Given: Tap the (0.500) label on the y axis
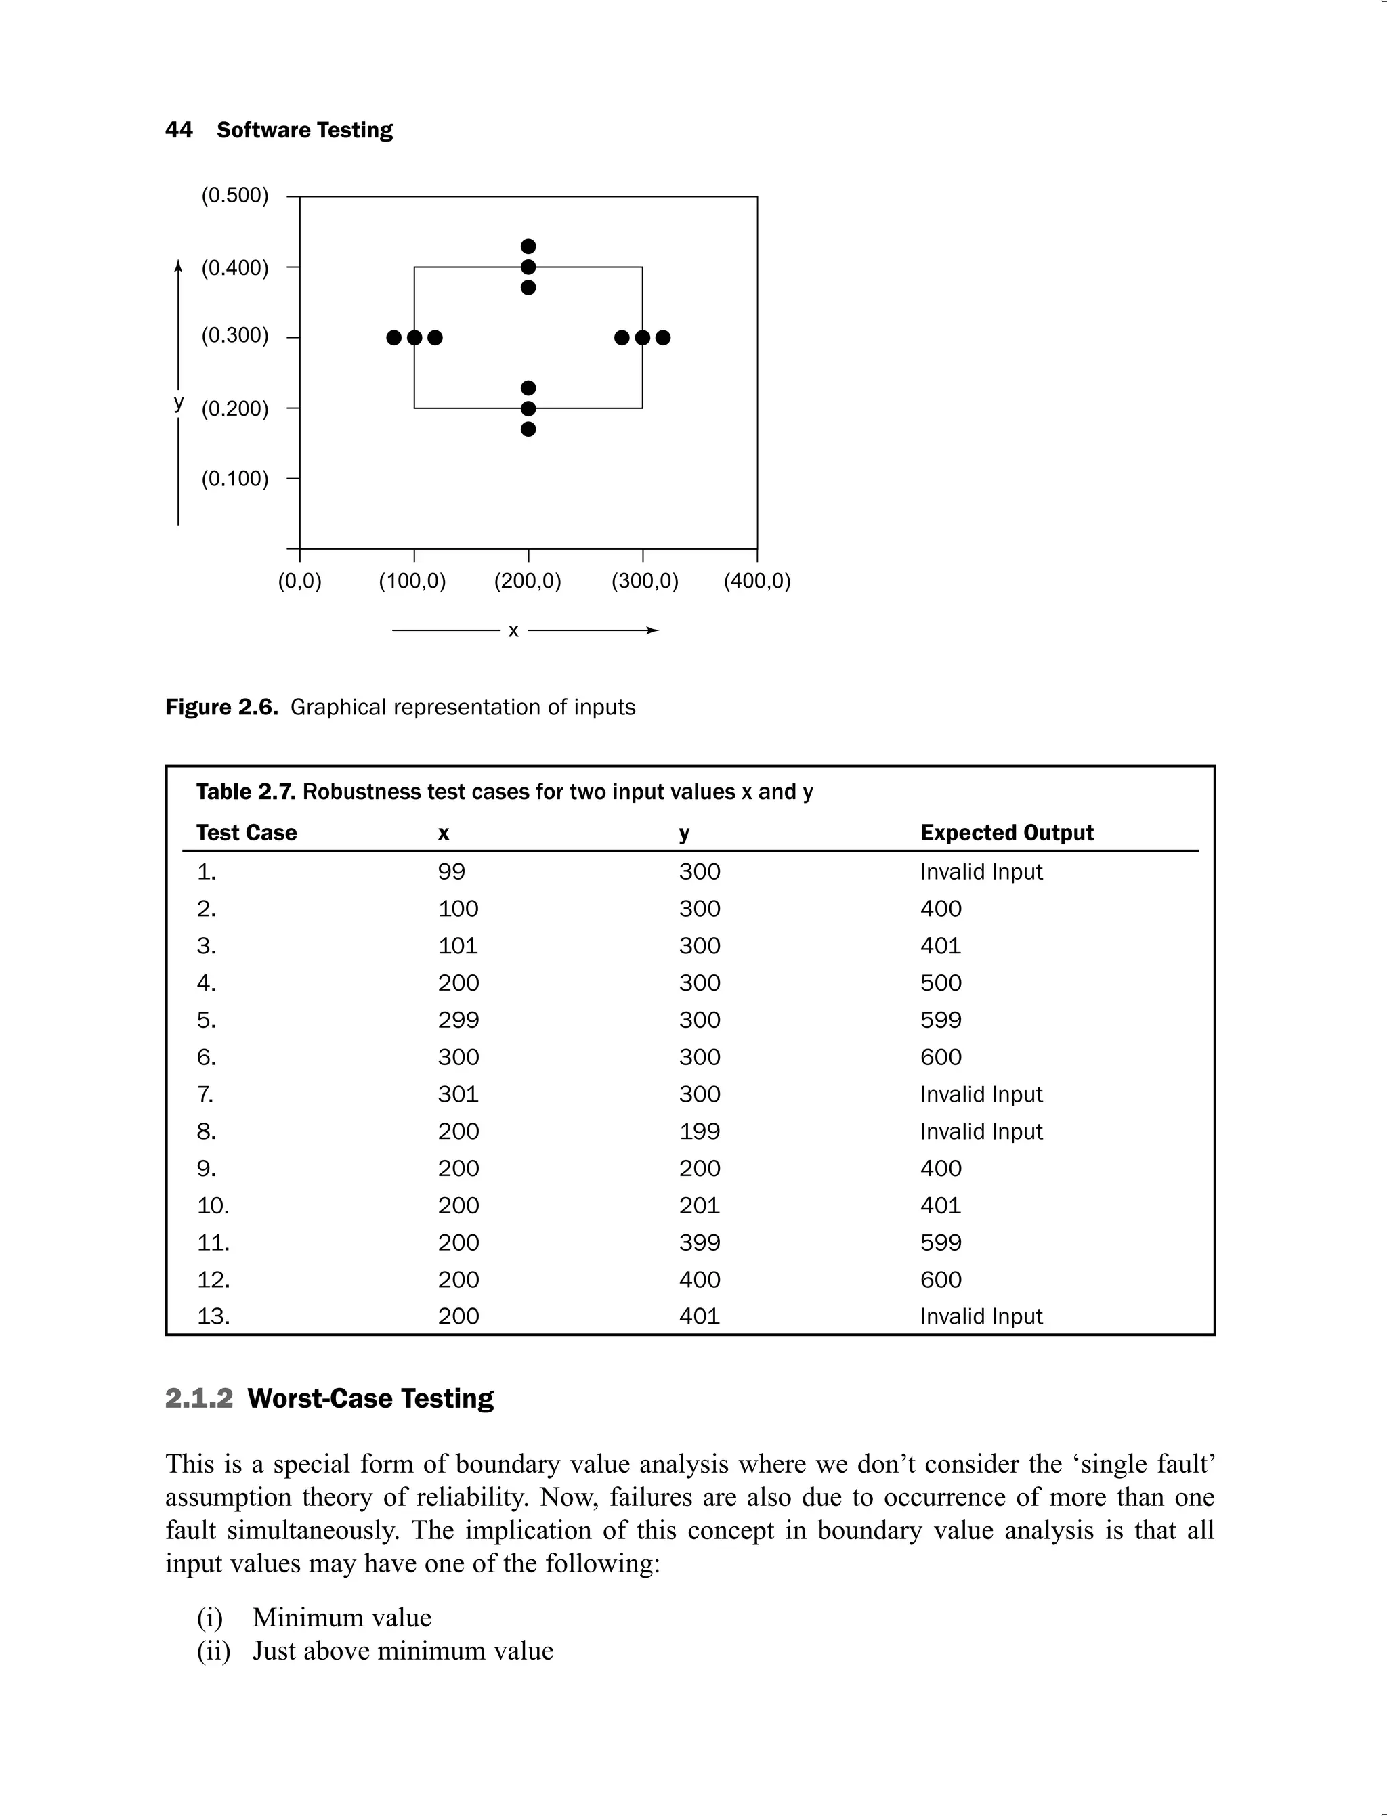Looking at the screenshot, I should [234, 196].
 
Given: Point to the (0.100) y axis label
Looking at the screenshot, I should [234, 479].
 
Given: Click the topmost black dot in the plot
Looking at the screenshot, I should [528, 246].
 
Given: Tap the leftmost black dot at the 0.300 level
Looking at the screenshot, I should [393, 338].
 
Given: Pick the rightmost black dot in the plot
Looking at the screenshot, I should [663, 338].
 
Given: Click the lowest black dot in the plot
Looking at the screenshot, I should [528, 429].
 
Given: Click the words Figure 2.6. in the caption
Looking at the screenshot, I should [221, 708].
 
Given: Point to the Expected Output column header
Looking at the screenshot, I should [1006, 833].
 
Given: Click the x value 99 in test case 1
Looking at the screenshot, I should [452, 871].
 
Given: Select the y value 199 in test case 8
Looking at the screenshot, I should [700, 1131].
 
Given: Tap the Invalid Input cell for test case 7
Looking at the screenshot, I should [981, 1095].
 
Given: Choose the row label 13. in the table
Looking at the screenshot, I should [213, 1316].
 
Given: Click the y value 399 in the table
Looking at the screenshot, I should [700, 1243].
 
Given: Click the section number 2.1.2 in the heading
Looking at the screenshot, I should [199, 1398].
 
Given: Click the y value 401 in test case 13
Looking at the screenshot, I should [700, 1316].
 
